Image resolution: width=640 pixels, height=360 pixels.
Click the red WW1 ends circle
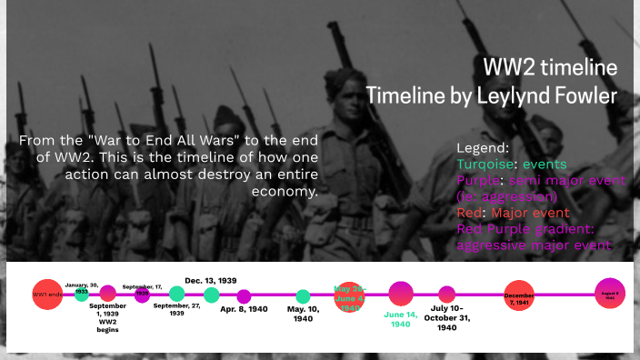pos(46,295)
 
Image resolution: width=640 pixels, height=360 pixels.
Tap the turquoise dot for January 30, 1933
pos(82,294)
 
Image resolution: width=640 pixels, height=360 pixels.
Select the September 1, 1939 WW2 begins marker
pos(108,293)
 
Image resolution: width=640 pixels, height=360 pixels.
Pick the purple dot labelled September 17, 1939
pos(142,294)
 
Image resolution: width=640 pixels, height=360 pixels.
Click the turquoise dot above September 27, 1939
pos(176,294)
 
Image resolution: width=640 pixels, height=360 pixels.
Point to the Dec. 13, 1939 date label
pos(211,280)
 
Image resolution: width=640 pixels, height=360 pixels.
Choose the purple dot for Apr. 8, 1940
pos(244,295)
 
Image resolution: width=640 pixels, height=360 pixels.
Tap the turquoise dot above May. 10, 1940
pos(303,295)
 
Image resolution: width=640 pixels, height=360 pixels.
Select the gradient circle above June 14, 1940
pos(401,293)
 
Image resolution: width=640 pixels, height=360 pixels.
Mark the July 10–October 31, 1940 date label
pos(446,320)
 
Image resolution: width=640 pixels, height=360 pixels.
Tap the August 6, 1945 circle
pos(610,294)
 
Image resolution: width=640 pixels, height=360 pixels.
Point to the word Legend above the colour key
pos(483,147)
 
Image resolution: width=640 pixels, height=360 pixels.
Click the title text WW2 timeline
pos(550,68)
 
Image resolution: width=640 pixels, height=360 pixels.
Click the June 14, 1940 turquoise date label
pos(401,319)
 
